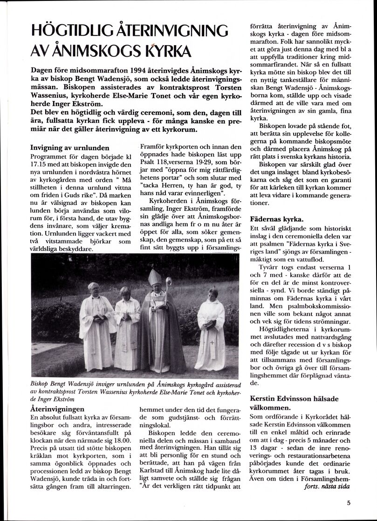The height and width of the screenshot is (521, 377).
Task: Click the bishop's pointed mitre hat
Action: click(x=154, y=278)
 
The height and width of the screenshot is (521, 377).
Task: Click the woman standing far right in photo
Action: click(x=211, y=326)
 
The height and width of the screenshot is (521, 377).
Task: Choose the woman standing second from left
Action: click(x=126, y=326)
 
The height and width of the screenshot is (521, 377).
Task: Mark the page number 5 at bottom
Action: click(x=349, y=502)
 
